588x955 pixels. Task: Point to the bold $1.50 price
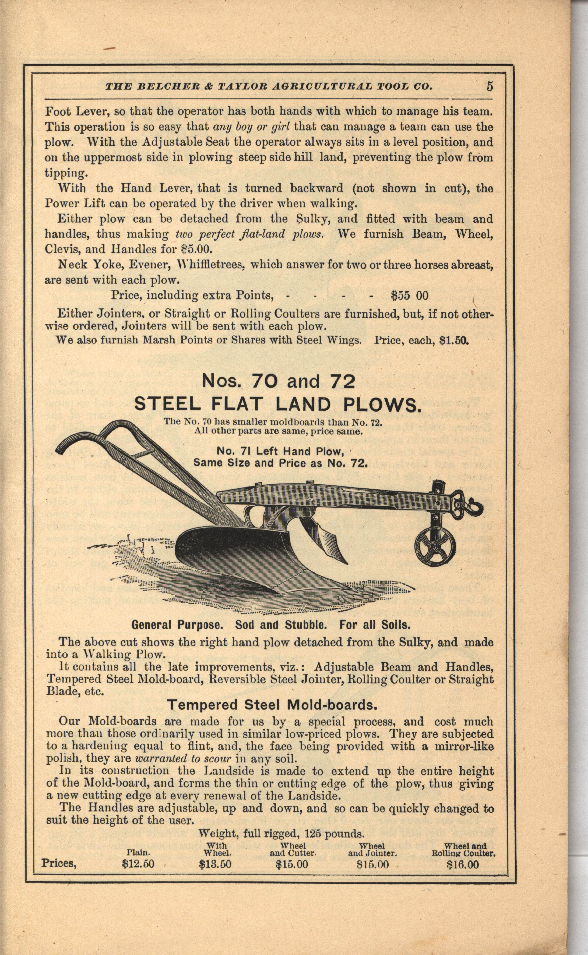coord(454,341)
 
